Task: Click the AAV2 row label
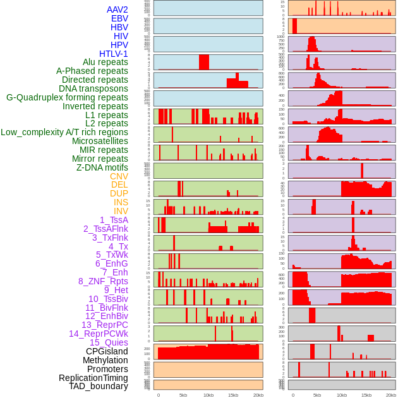pyautogui.click(x=117, y=9)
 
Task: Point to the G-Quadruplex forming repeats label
pyautogui.click(x=67, y=97)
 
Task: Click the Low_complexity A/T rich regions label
pyautogui.click(x=64, y=132)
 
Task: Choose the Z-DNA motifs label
pyautogui.click(x=102, y=167)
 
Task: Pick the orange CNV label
pyautogui.click(x=119, y=176)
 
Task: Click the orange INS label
pyautogui.click(x=121, y=202)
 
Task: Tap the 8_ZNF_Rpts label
pyautogui.click(x=103, y=281)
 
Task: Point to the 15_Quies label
pyautogui.click(x=109, y=342)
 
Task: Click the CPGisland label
pyautogui.click(x=107, y=351)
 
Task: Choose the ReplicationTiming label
pyautogui.click(x=93, y=378)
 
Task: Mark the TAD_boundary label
pyautogui.click(x=98, y=386)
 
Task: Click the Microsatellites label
pyautogui.click(x=100, y=141)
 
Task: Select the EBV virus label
pyautogui.click(x=119, y=18)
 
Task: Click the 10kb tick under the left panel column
pyautogui.click(x=208, y=395)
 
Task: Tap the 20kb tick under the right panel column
pyautogui.click(x=391, y=395)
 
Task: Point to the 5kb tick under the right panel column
pyautogui.click(x=317, y=395)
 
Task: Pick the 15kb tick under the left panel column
pyautogui.click(x=233, y=395)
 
